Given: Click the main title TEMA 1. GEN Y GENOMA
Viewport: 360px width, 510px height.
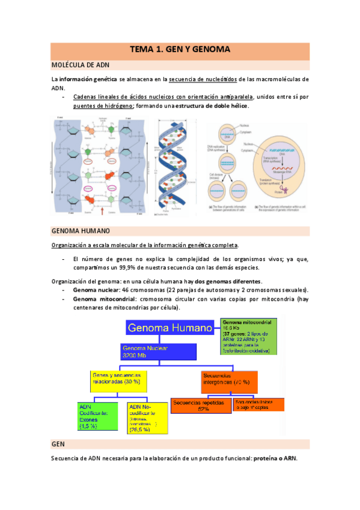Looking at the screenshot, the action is pos(180,51).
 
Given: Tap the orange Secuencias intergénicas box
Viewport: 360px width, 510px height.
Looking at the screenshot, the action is pos(228,381).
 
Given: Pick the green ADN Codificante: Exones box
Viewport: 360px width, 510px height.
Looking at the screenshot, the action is pos(97,417).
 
